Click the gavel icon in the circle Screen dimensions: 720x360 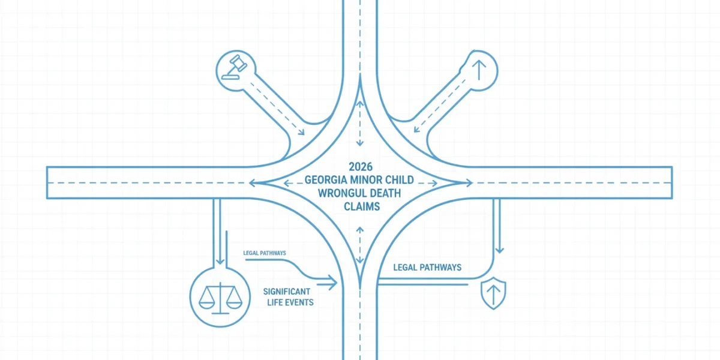(235, 67)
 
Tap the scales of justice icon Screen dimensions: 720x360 (220, 298)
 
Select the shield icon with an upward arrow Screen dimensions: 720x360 (493, 293)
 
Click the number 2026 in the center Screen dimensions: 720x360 (361, 167)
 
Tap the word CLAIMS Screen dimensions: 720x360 (362, 206)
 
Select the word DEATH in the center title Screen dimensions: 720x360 (381, 193)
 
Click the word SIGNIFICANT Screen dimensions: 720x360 (287, 292)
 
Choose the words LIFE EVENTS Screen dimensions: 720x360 (290, 302)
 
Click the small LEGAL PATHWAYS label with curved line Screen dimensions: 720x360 (265, 253)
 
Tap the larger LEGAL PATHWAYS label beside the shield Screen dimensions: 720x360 (427, 268)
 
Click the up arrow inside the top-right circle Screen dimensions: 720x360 (479, 70)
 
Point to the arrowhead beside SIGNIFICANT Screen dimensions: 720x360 (332, 283)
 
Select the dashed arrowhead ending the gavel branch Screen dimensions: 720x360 (301, 132)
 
